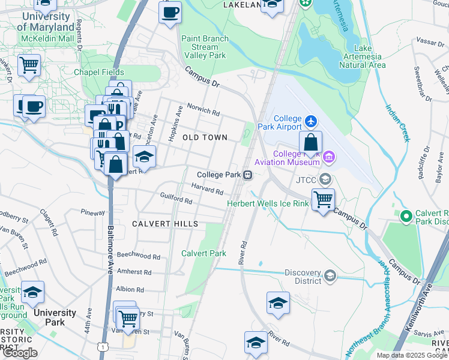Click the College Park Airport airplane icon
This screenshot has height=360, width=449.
(310, 121)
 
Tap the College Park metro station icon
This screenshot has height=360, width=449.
(247, 175)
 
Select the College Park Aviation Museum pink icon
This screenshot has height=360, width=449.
(328, 158)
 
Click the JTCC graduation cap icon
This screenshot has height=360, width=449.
(325, 179)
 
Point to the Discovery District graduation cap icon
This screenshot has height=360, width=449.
(329, 276)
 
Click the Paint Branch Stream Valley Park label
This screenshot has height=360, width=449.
(205, 47)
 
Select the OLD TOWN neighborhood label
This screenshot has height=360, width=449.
(205, 137)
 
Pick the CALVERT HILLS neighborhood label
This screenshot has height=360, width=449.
(165, 224)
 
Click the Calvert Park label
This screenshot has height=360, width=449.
(204, 253)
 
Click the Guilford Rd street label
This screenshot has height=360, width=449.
(176, 198)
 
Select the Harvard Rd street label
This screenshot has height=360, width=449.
(207, 188)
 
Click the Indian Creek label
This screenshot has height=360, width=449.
(397, 123)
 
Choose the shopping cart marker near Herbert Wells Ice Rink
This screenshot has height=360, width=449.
(324, 200)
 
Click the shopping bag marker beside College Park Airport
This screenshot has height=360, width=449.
(310, 143)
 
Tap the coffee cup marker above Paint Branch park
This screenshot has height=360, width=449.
(170, 11)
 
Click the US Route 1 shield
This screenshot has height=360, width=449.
(106, 347)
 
